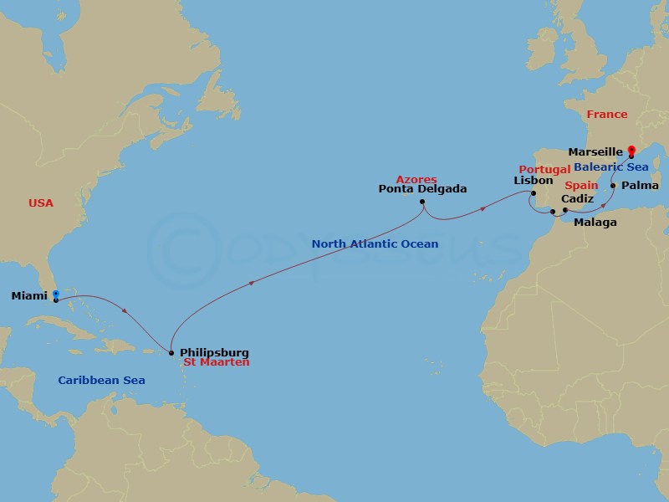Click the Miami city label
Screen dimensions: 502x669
30,296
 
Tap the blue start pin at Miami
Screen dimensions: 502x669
55,295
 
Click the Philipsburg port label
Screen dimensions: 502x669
214,353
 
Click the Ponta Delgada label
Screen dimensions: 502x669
422,189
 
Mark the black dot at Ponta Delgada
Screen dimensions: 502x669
423,201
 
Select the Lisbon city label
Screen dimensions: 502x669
534,180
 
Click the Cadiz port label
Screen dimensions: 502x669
578,199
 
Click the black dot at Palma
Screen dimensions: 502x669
614,185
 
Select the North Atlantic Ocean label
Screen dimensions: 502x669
375,244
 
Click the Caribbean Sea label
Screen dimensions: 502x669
101,381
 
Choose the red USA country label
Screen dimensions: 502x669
41,202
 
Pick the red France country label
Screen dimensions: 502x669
606,114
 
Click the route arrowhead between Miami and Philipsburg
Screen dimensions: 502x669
125,312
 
